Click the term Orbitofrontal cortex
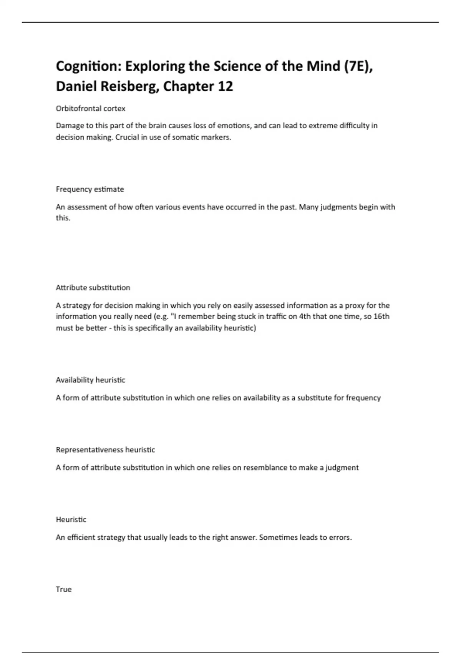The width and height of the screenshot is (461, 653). [91, 109]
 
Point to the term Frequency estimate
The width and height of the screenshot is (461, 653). [90, 189]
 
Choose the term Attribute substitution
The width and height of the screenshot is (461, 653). [93, 288]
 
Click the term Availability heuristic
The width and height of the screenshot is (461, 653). [91, 380]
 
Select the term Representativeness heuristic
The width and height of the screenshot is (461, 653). [105, 450]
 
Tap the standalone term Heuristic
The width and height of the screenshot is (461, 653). [71, 520]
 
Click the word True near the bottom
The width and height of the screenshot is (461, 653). [64, 589]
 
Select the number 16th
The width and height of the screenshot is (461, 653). [381, 317]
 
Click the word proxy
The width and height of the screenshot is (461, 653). [354, 306]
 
